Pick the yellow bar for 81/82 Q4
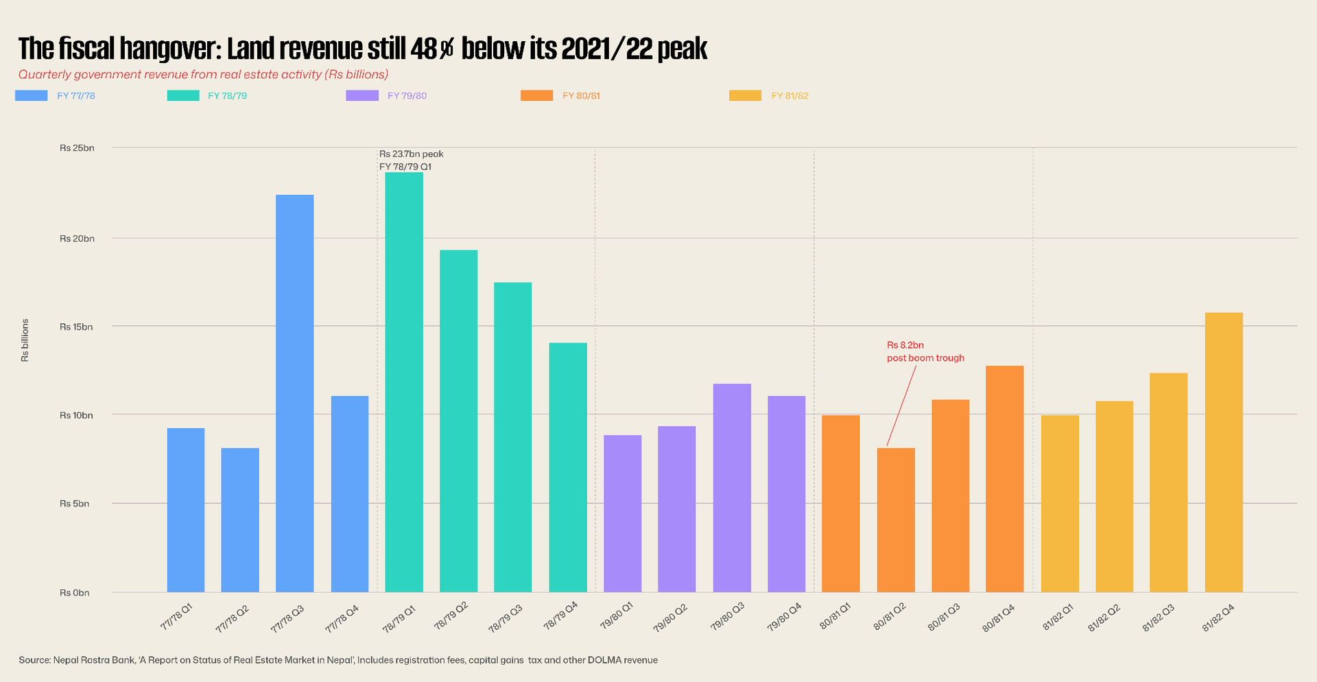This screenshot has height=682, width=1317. click(1223, 452)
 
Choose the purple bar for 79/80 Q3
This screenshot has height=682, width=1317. click(732, 488)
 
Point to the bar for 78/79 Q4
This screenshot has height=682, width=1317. click(568, 467)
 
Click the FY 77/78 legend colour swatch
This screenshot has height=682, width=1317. click(32, 96)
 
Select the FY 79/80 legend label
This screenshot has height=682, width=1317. click(407, 96)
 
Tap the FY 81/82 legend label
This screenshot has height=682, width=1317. click(790, 96)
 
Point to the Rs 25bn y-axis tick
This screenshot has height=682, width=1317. click(77, 148)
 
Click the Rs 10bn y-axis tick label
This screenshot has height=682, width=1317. click(76, 415)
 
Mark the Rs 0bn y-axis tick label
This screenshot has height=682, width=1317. click(75, 593)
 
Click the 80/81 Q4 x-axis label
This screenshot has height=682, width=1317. click(999, 618)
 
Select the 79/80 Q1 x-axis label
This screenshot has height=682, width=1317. click(617, 615)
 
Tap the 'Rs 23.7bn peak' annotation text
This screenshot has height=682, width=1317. click(412, 154)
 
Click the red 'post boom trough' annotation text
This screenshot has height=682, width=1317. click(925, 358)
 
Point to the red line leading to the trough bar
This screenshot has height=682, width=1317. click(901, 405)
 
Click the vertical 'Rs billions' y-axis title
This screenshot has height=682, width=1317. click(25, 340)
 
